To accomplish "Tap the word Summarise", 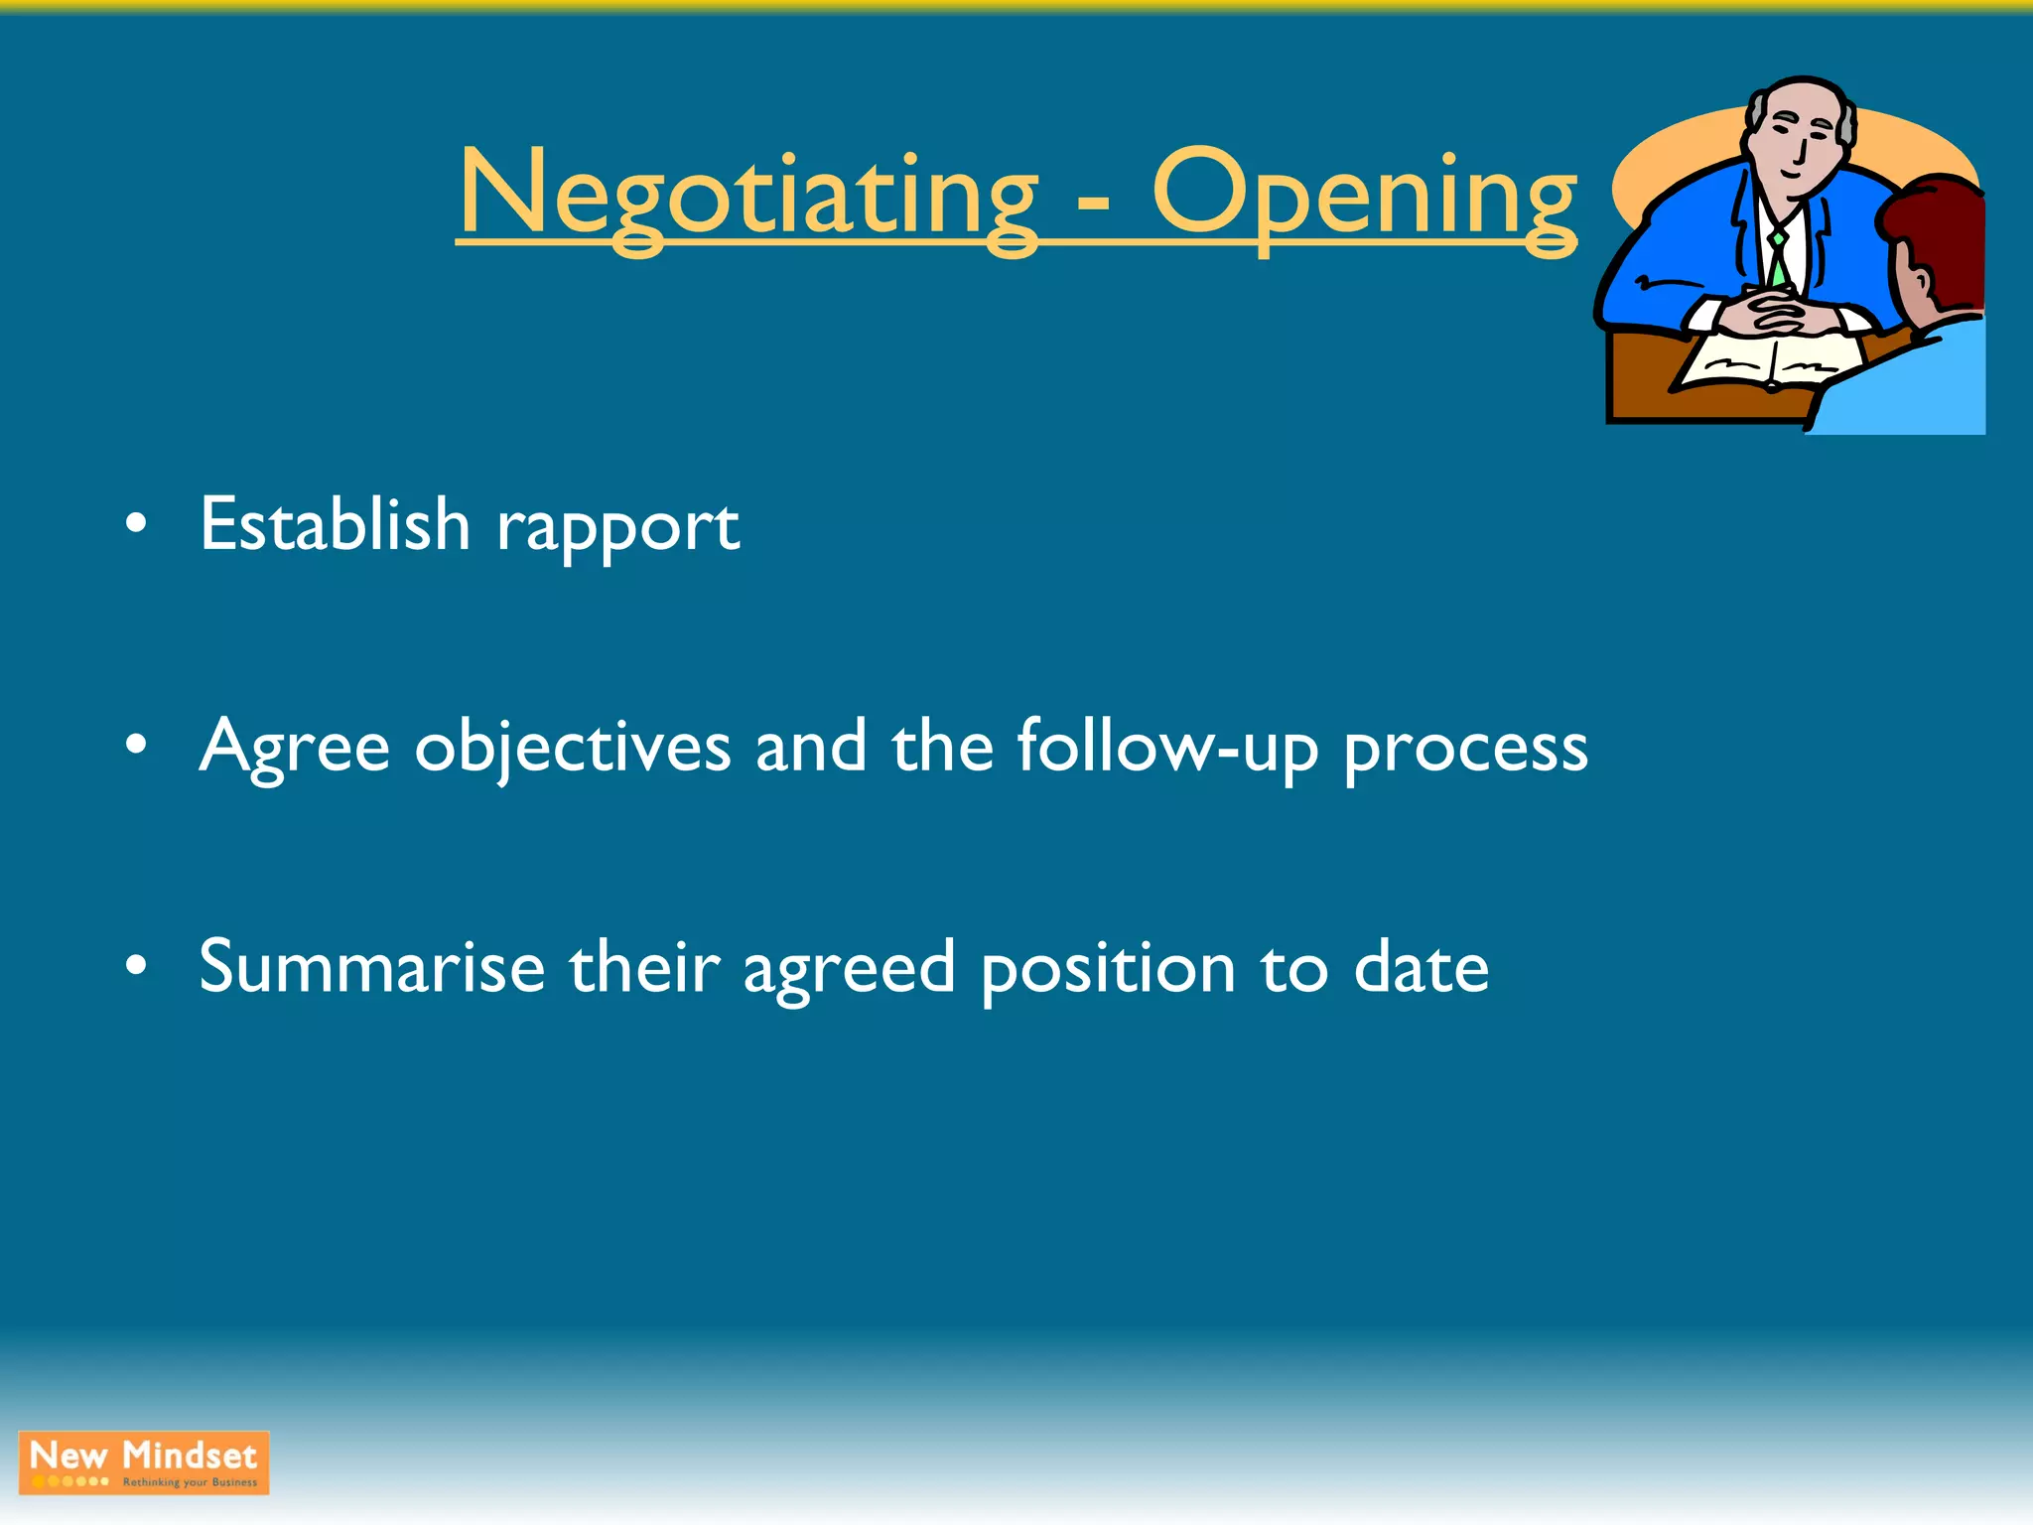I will click(371, 967).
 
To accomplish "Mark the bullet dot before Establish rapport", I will click(137, 523).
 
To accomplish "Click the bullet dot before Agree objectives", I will click(137, 744).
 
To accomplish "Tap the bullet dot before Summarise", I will click(137, 964).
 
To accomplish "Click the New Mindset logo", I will click(144, 1462).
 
